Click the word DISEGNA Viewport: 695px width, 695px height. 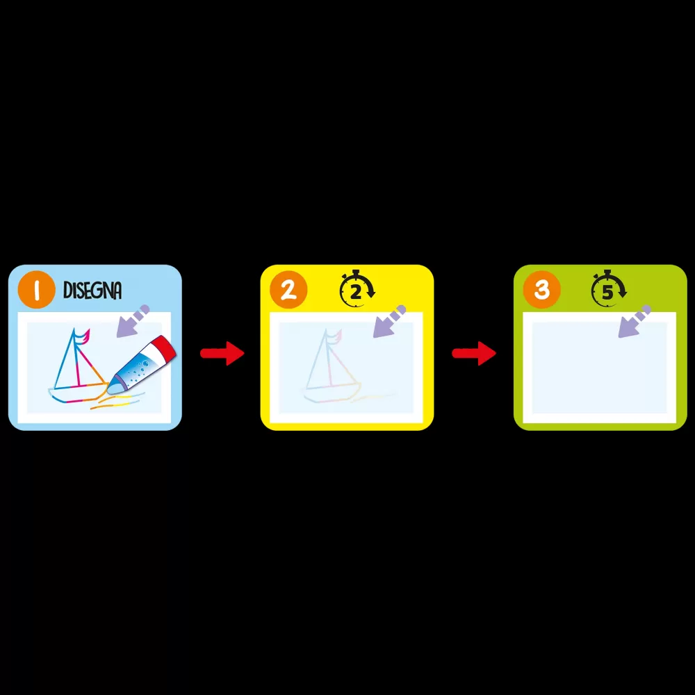(92, 291)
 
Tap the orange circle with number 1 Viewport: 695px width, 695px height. (36, 289)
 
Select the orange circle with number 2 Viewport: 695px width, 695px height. (288, 289)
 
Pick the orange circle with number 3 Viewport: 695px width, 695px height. (541, 289)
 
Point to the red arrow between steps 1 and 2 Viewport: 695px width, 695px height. (222, 353)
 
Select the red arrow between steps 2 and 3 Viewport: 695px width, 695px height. (474, 353)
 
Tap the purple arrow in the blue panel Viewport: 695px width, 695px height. (133, 321)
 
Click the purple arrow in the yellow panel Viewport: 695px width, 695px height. (389, 321)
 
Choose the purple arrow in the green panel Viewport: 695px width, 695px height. (635, 321)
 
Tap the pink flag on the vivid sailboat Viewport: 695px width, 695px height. (83, 336)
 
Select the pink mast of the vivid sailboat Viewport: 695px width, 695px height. (76, 359)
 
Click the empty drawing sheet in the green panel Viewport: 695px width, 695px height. (599, 368)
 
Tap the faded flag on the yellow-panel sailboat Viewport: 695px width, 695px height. (336, 336)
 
